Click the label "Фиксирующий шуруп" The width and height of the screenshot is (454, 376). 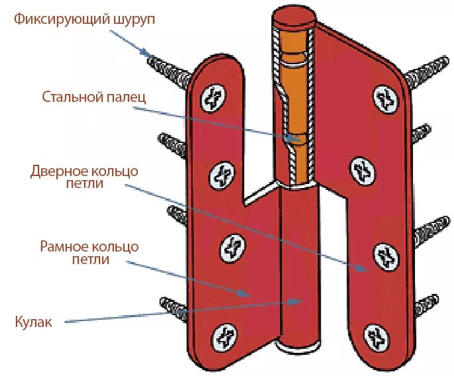(85, 19)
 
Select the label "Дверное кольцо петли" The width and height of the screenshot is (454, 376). (84, 177)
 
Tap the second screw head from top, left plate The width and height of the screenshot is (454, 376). (221, 176)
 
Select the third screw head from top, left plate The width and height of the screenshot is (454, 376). (229, 246)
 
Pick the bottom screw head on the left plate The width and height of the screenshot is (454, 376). (225, 338)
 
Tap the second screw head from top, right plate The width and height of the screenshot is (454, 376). (361, 171)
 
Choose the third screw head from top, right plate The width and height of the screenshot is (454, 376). (385, 255)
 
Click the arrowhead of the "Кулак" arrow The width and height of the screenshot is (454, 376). (302, 301)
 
